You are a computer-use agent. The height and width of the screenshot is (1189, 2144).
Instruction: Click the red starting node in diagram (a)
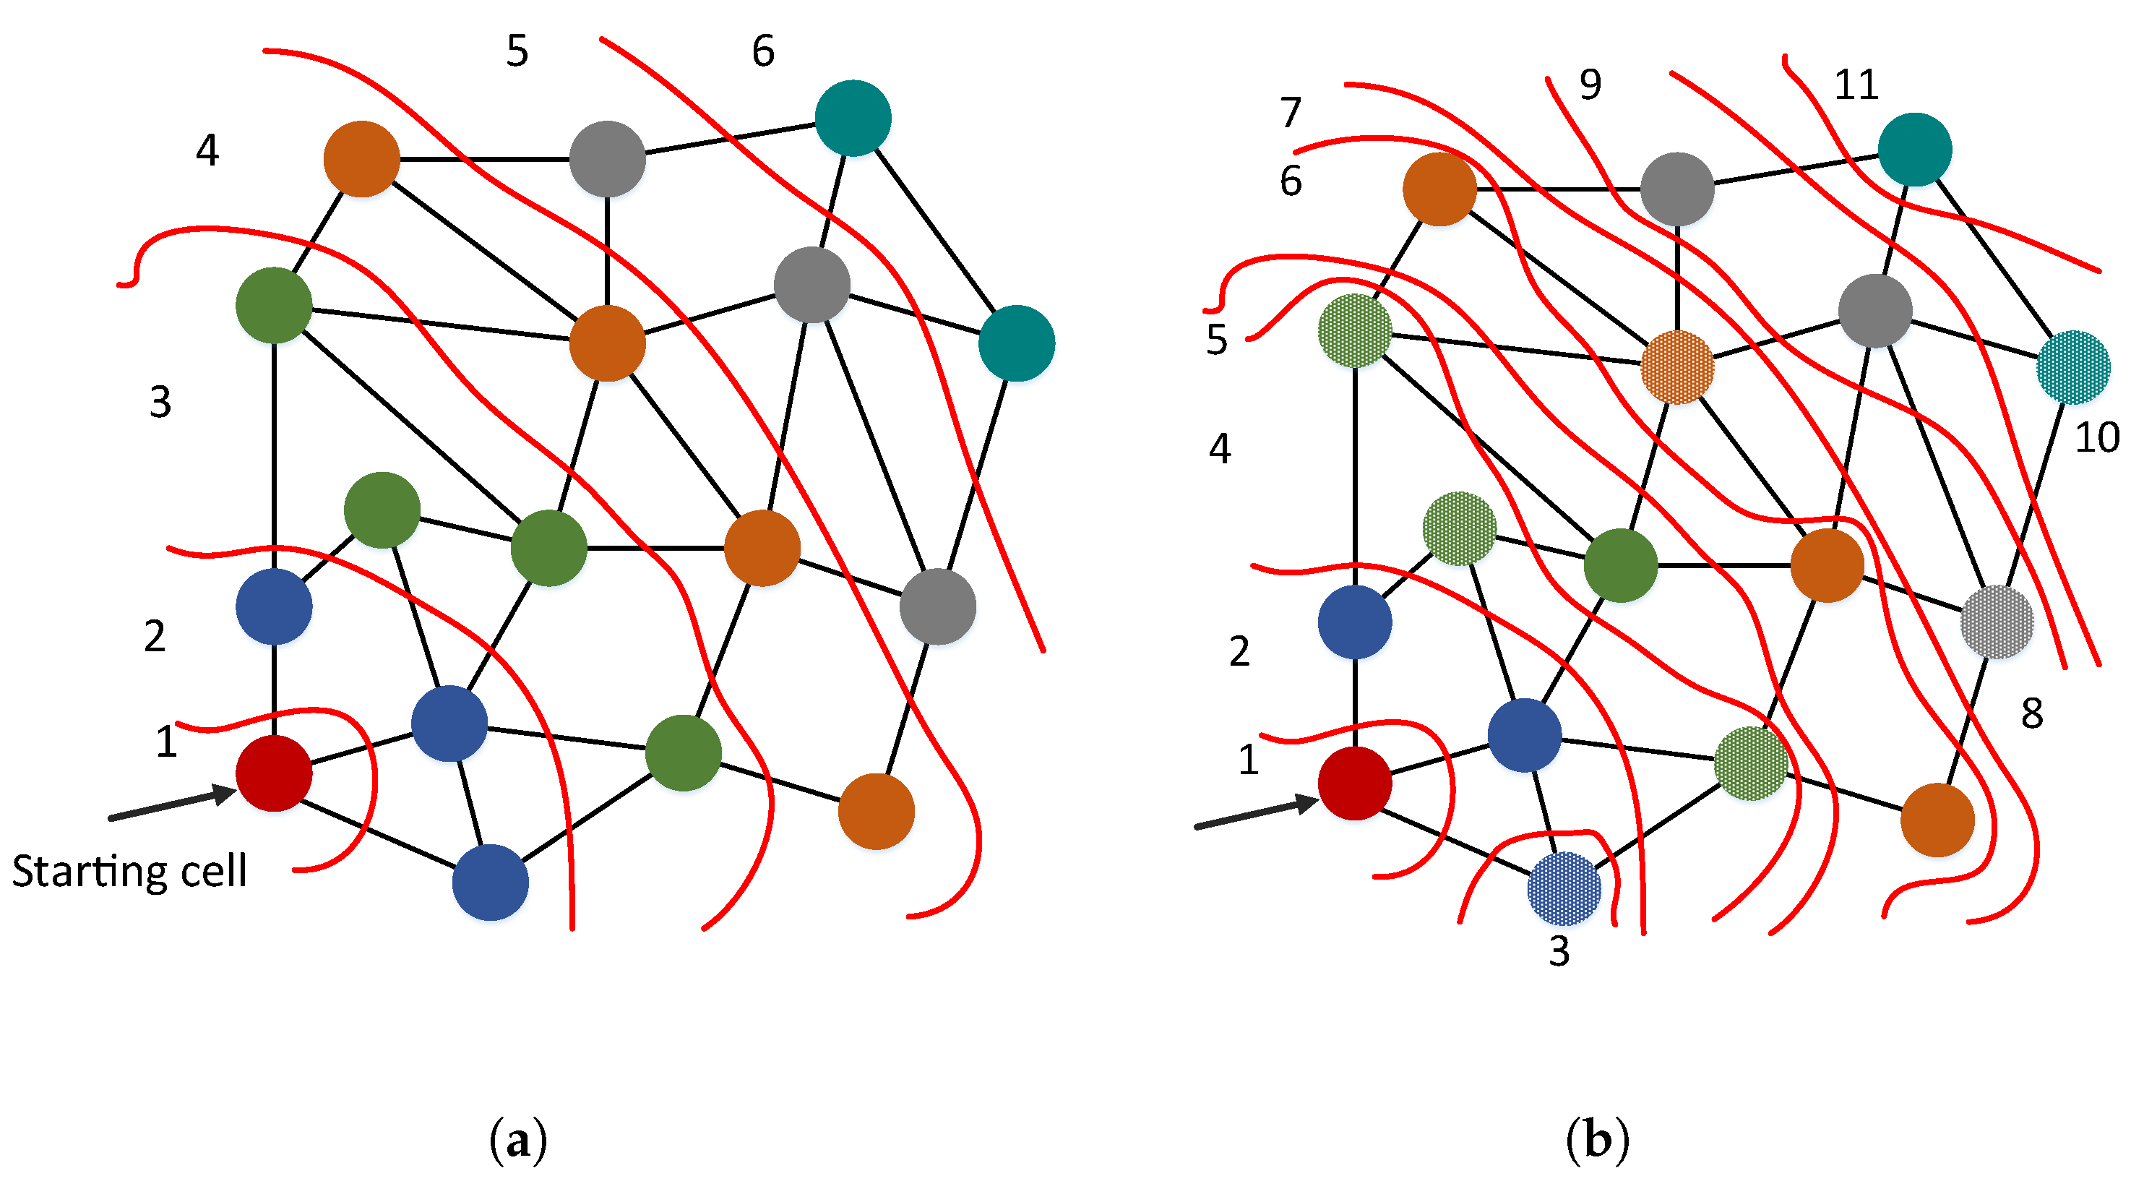tap(274, 773)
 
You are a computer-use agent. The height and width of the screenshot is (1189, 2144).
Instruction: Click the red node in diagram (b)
tap(1354, 783)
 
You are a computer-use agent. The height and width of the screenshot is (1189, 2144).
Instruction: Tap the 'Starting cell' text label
tap(129, 872)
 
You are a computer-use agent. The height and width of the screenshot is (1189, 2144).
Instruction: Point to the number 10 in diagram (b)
tap(2096, 438)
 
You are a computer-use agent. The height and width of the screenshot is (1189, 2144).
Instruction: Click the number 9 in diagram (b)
tap(1590, 84)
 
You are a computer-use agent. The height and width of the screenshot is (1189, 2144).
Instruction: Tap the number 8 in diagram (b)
tap(2032, 713)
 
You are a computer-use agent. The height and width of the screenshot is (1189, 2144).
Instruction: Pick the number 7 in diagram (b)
tap(1290, 113)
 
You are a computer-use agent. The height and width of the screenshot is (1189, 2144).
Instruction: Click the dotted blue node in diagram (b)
tap(1564, 888)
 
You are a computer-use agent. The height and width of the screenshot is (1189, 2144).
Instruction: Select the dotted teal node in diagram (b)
tap(2072, 367)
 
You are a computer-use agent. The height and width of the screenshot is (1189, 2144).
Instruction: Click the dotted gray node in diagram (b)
tap(1997, 621)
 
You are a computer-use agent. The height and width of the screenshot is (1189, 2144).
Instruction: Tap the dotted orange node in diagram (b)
tap(1677, 367)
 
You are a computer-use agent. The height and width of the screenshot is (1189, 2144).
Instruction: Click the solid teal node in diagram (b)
tap(1914, 149)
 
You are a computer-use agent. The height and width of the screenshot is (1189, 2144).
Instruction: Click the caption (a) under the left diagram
tap(517, 1141)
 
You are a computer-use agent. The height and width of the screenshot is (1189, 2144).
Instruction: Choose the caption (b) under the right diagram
tap(1596, 1139)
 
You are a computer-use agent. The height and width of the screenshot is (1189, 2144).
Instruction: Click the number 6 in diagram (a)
tap(762, 51)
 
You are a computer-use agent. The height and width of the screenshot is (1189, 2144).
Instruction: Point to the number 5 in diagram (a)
tap(517, 51)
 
